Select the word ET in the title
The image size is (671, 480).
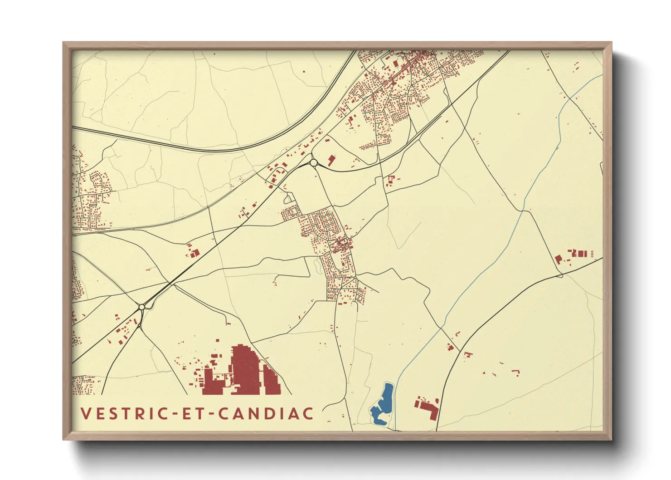(x=190, y=414)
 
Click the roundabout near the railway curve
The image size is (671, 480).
(x=313, y=162)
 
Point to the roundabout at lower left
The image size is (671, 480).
(x=142, y=307)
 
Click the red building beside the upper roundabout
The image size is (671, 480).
(x=331, y=160)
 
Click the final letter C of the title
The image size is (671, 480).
(x=308, y=414)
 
